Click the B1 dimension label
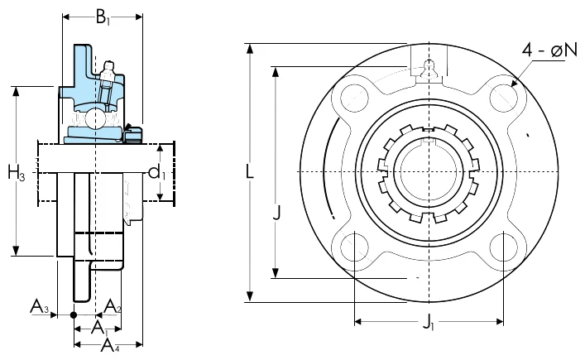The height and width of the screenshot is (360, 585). (103, 17)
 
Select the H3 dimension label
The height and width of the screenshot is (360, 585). (17, 173)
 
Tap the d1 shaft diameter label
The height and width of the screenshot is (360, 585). (156, 173)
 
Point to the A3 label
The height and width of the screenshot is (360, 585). (39, 306)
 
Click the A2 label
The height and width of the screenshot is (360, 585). (113, 306)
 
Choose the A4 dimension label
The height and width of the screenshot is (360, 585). (110, 345)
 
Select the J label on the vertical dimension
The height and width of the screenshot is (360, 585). (276, 213)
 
